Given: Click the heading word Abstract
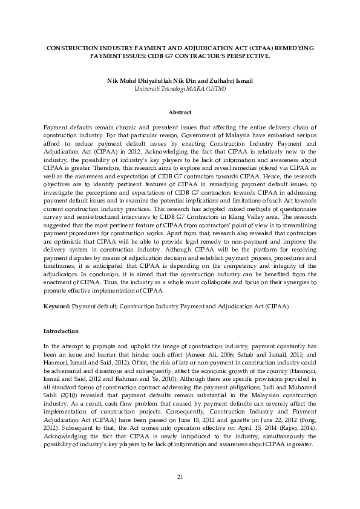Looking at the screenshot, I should tap(180, 112).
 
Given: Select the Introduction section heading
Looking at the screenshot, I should tap(61, 331).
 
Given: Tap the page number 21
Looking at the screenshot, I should tap(180, 478).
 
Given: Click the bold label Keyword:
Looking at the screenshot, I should tap(57, 307).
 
